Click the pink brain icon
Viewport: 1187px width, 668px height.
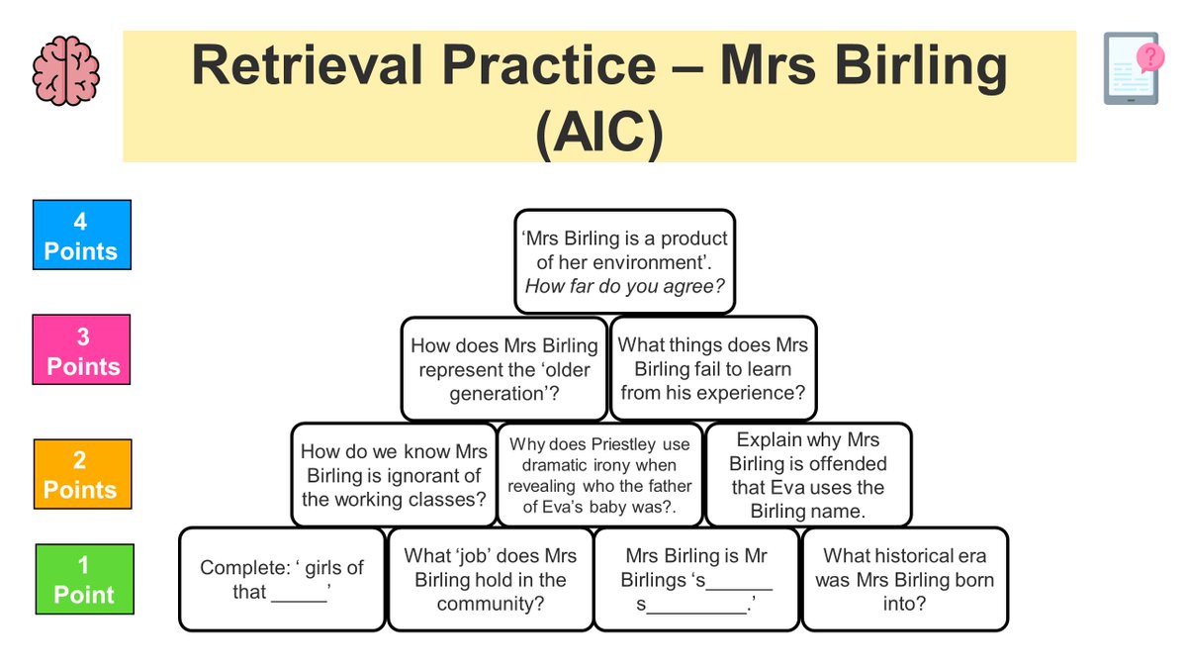click(65, 71)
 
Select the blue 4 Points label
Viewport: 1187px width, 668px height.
click(81, 236)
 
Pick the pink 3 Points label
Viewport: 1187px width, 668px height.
click(82, 350)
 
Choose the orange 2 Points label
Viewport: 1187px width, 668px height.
click(82, 474)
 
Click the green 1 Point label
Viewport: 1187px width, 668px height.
click(84, 579)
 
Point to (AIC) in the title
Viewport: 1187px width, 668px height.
click(598, 132)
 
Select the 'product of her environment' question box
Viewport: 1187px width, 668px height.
click(624, 262)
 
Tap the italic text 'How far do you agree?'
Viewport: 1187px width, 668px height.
click(624, 287)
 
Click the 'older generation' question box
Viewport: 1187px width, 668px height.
click(504, 369)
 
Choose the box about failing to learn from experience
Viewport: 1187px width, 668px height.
click(713, 369)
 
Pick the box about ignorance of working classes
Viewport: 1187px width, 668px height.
click(394, 475)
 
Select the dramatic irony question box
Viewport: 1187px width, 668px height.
click(599, 475)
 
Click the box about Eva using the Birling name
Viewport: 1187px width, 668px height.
click(808, 475)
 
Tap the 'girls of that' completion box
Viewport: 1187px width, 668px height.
click(282, 580)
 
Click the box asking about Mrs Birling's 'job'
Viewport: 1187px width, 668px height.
click(491, 580)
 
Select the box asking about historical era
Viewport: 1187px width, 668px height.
click(904, 580)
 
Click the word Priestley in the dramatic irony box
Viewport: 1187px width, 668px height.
click(627, 444)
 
